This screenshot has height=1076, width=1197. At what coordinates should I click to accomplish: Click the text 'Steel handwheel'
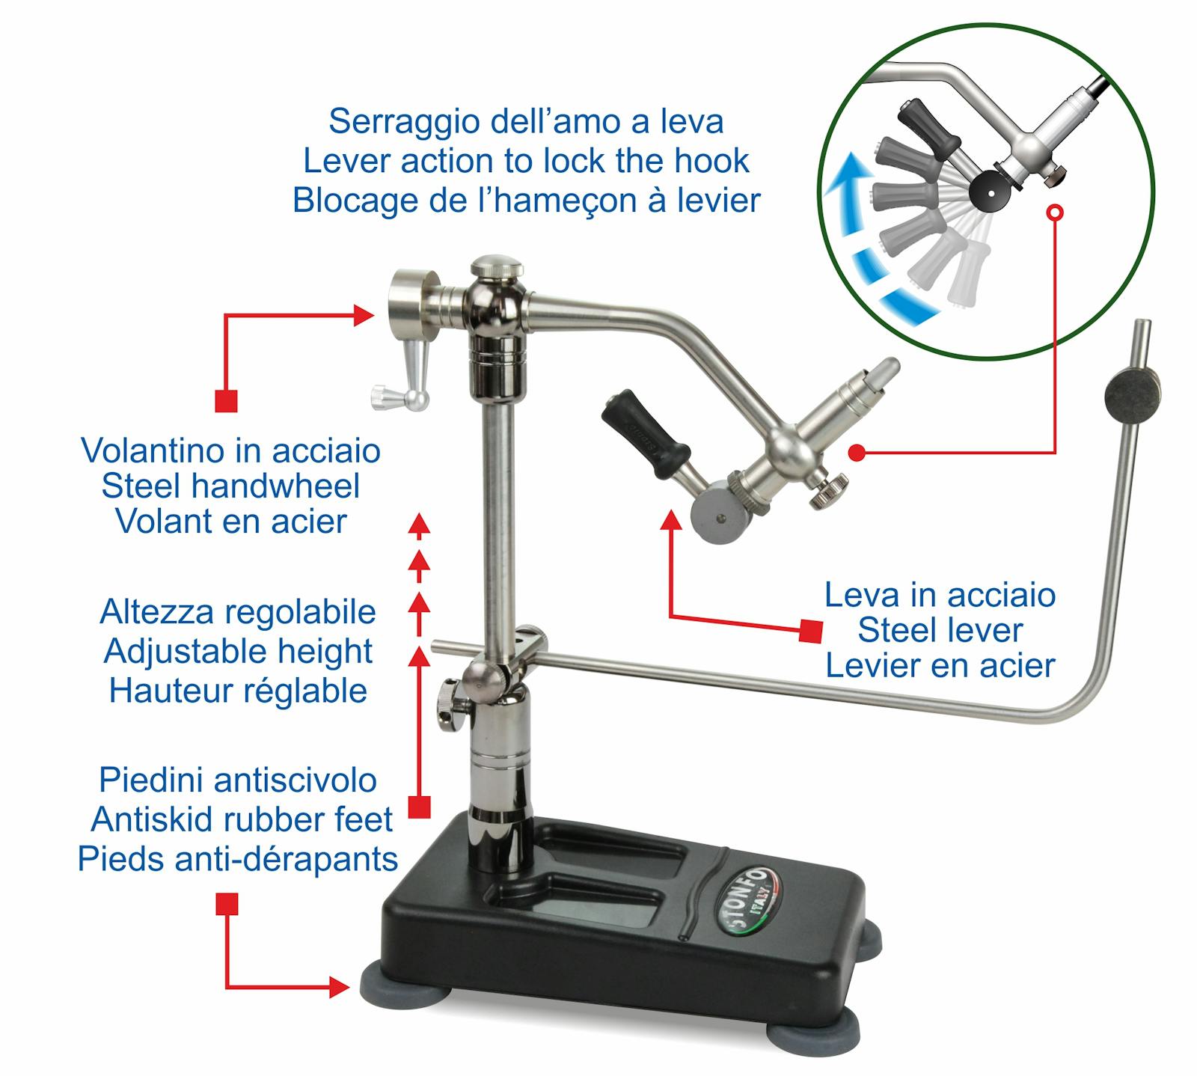pos(230,486)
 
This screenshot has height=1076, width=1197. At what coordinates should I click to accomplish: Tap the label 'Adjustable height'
pos(238,651)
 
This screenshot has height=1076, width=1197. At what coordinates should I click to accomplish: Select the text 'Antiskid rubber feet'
pos(242,820)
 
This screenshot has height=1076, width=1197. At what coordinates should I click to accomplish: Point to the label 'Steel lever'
pos(940,630)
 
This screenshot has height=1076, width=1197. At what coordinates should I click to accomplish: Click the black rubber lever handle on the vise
pos(647,433)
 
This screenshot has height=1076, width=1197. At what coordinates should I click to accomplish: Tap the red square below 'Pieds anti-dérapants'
pos(227,904)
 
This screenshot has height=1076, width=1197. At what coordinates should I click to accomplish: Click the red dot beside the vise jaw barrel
pos(857,452)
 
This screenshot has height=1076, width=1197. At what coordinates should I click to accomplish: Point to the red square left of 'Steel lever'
pos(810,630)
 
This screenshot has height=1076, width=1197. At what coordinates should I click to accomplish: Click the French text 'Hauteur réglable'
pos(238,691)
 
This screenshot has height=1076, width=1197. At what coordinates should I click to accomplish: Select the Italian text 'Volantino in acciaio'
pos(230,450)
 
